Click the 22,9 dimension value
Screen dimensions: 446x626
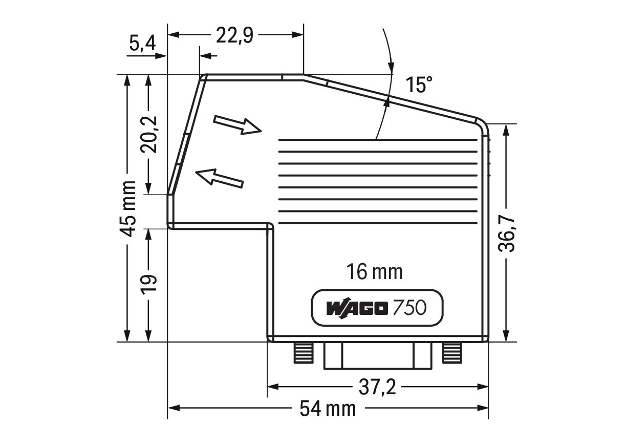point(234,35)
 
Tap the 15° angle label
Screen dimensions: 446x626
point(419,84)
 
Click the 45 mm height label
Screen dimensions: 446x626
point(128,208)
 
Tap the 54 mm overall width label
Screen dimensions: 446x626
point(328,409)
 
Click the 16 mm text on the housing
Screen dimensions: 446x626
point(374,271)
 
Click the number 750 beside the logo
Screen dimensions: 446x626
point(409,308)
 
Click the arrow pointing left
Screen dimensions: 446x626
point(220,178)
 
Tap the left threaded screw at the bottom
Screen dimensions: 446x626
point(303,352)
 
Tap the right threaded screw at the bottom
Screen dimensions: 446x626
point(452,352)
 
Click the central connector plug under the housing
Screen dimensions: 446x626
point(377,355)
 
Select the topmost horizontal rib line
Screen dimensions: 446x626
point(379,140)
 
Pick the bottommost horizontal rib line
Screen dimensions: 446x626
point(379,223)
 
